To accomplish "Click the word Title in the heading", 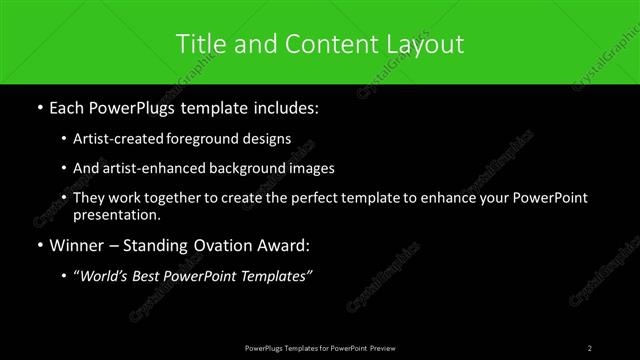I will (x=200, y=43).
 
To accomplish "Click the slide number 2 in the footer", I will (x=590, y=347).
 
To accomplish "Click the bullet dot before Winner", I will (x=39, y=245).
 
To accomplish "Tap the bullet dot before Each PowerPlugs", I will (x=39, y=107).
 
